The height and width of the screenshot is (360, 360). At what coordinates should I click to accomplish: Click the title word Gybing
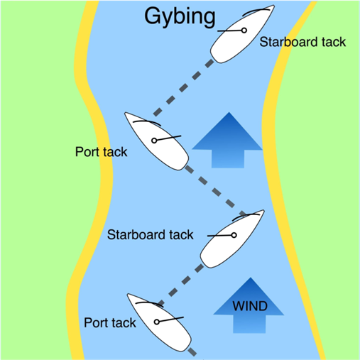(179, 17)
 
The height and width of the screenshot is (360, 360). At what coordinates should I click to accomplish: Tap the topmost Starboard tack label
(302, 43)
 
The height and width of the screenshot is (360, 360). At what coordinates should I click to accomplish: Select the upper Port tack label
(101, 152)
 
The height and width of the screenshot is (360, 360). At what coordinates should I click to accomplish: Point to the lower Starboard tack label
(150, 234)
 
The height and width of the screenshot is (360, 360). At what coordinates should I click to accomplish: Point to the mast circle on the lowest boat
(156, 322)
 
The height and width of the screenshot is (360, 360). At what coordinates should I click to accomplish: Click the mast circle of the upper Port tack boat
(154, 141)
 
